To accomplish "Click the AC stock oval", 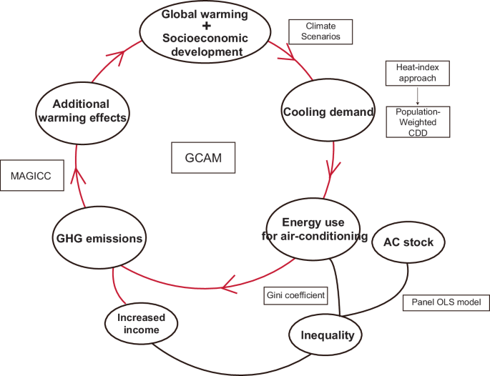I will (x=408, y=242).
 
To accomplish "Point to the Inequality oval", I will (x=326, y=335).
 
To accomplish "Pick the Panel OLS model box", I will (x=446, y=302).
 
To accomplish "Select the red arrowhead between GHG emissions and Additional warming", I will (x=78, y=174).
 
